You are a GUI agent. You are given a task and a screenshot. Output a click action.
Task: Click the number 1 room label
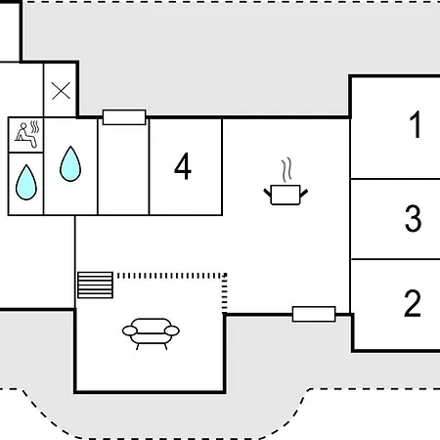point(416,124)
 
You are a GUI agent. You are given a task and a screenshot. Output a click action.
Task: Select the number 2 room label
point(413,303)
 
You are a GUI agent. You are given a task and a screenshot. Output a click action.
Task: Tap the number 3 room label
point(413,218)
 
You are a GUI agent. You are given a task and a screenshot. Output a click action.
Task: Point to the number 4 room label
point(183,166)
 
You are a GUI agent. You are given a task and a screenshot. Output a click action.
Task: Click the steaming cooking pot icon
point(286,182)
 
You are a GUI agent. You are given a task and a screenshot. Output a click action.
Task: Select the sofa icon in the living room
point(151,333)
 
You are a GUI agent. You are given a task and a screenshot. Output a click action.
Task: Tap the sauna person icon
point(25,135)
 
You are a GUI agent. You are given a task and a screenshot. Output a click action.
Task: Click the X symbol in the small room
point(61,91)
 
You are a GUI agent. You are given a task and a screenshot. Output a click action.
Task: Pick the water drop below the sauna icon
point(26,183)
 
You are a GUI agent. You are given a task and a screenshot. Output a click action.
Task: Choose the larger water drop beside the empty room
point(70,163)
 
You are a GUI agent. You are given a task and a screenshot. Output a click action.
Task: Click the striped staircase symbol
point(95,285)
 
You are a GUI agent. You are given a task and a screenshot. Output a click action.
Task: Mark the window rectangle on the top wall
point(124,117)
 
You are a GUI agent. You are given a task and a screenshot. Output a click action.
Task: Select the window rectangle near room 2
point(314,314)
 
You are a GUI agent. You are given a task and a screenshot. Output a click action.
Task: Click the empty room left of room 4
point(123,167)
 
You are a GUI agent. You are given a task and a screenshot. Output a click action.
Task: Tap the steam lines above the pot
point(286,170)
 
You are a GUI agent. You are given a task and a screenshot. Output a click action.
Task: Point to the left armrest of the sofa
point(130,330)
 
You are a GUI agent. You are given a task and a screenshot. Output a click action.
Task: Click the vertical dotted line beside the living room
point(225,293)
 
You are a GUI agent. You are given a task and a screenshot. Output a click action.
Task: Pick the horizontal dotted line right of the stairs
point(171,276)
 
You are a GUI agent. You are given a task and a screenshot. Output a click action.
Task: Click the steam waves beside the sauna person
point(35,127)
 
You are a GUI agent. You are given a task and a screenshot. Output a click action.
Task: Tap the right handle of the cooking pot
point(304,194)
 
